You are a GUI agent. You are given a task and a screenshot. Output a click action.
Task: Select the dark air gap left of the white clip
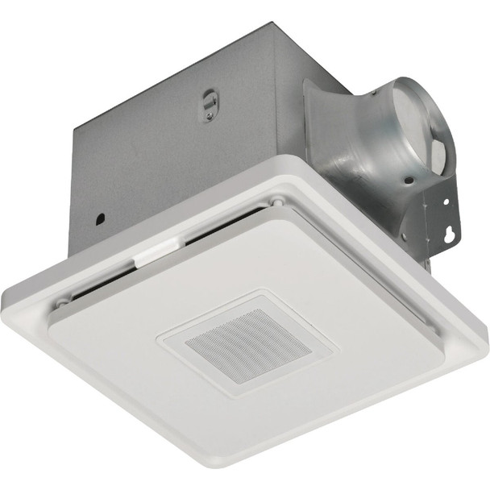(x=105, y=278)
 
